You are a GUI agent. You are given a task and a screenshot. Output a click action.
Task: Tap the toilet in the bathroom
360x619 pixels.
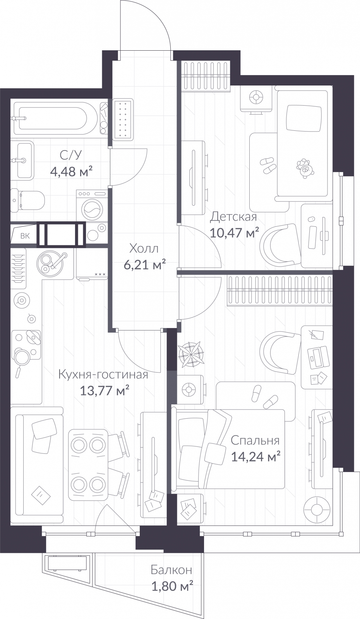27,200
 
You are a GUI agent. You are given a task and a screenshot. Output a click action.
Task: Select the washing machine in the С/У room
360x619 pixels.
92,205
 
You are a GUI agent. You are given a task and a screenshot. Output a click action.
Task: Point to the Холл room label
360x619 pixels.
144,248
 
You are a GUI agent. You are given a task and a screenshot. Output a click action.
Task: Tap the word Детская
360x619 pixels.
233,217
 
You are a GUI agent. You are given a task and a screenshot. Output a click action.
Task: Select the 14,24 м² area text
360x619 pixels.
255,457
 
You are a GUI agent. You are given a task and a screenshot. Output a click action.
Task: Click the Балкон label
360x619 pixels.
171,570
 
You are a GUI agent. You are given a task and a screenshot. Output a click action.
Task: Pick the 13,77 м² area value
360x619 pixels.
104,391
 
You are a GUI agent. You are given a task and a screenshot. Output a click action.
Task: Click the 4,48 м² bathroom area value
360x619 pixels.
71,171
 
